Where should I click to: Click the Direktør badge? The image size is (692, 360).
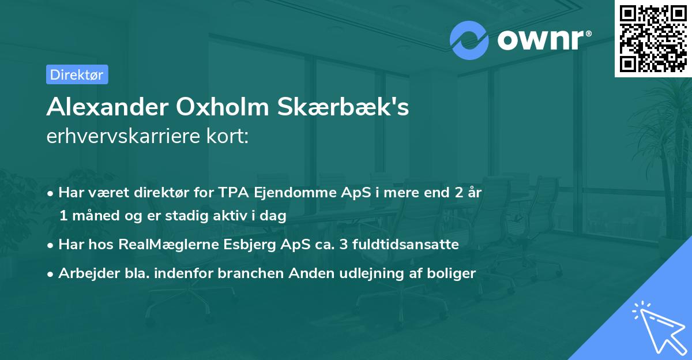(x=77, y=74)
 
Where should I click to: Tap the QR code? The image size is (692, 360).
(x=653, y=38)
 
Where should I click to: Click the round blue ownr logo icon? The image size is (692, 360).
(x=469, y=40)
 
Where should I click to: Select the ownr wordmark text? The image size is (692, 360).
(x=543, y=39)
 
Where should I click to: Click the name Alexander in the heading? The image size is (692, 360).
(x=101, y=107)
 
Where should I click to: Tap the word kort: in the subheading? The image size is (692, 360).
(x=228, y=137)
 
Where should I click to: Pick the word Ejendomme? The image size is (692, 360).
(x=287, y=193)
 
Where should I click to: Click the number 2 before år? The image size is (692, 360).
(x=459, y=193)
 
